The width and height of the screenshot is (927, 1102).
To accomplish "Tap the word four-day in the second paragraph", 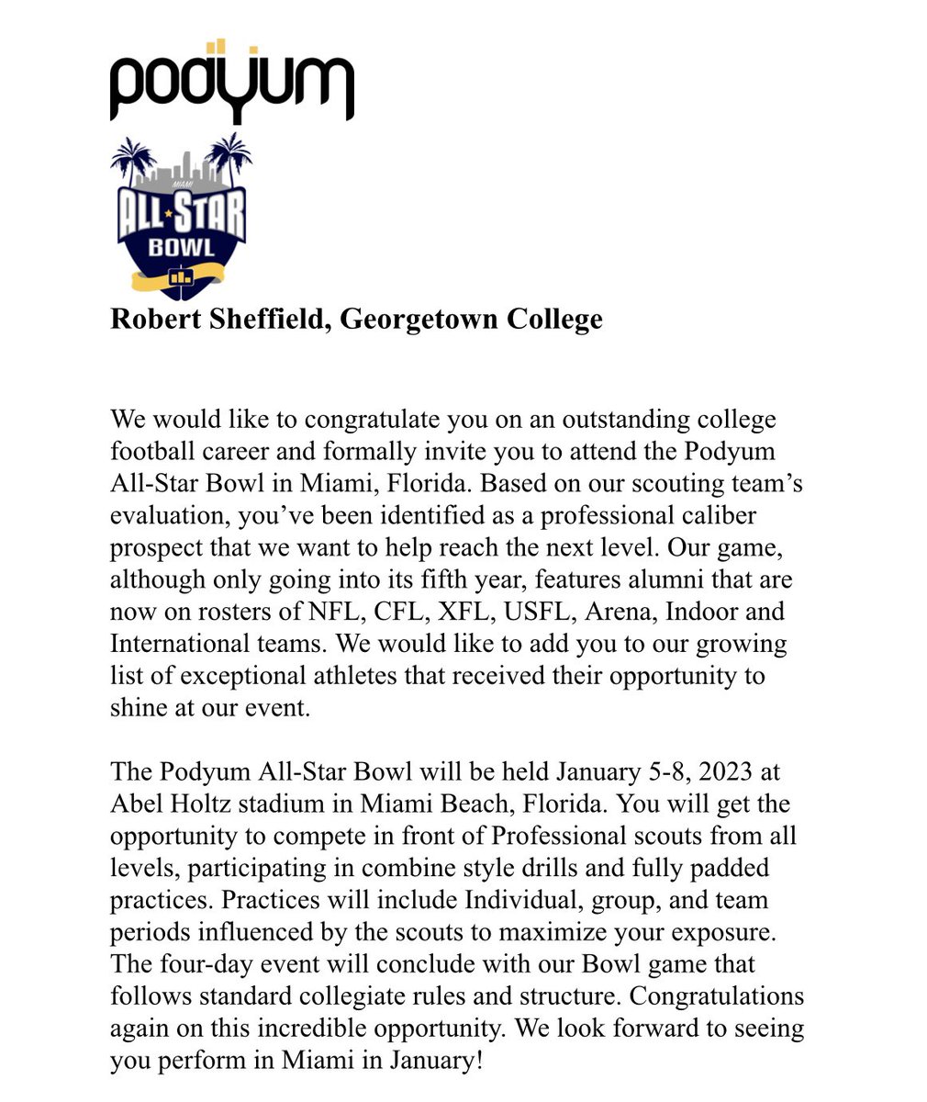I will coord(203,964).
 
